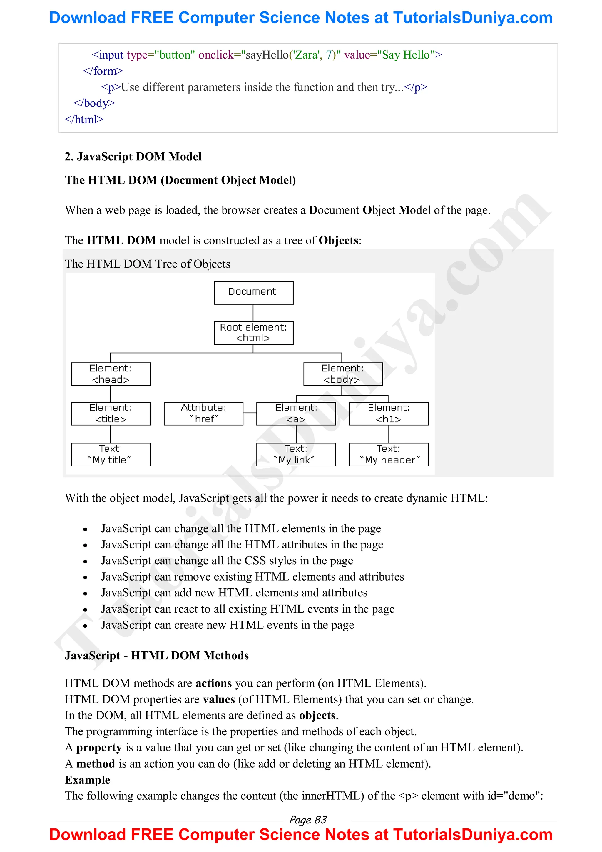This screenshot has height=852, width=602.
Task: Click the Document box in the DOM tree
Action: pos(253,293)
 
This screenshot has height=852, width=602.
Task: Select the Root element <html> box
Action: pos(253,333)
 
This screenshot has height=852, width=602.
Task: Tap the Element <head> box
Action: pos(111,374)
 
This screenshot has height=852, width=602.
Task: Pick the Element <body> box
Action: pos(343,374)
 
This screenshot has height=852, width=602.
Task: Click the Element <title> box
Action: pos(111,414)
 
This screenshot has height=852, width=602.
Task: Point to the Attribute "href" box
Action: pos(204,414)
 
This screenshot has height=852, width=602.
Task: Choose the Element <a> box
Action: pos(296,414)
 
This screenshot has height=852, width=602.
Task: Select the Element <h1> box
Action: pos(388,414)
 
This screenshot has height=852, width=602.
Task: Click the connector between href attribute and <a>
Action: pos(250,413)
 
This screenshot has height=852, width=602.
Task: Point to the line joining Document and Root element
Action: pos(253,313)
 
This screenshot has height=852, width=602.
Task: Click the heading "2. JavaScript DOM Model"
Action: pos(133,156)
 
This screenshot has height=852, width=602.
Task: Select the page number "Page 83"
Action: pos(307,819)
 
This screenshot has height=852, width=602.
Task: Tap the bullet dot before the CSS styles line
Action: pos(85,562)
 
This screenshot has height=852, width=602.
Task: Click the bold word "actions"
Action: pos(214,683)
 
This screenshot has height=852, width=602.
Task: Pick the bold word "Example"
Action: pos(88,780)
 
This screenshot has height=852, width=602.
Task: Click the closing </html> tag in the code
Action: pos(84,119)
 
